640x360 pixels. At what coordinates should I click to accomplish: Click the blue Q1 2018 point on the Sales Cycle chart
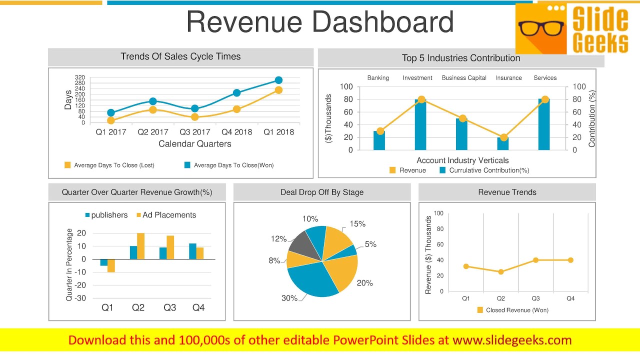(x=278, y=80)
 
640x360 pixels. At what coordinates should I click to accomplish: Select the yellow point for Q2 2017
(x=153, y=109)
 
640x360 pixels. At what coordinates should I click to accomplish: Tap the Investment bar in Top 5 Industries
(x=420, y=124)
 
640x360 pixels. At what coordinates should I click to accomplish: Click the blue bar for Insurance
(x=503, y=143)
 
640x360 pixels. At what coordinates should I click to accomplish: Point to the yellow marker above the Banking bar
(x=380, y=131)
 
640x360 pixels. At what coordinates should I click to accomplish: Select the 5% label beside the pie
(x=370, y=244)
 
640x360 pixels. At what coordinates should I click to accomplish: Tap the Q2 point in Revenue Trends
(x=501, y=272)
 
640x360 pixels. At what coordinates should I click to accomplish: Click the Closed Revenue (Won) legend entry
(x=513, y=310)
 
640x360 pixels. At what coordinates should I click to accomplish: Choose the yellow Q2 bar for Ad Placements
(x=140, y=246)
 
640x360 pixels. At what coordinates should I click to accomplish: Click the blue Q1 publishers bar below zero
(x=103, y=262)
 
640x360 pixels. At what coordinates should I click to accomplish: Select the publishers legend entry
(x=106, y=215)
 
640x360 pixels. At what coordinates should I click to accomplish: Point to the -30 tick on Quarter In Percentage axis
(x=80, y=298)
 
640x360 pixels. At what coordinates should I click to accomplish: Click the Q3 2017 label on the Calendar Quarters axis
(x=195, y=132)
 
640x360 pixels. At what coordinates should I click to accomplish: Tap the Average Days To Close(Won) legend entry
(x=229, y=165)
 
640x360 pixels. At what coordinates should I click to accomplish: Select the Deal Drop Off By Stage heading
(x=322, y=192)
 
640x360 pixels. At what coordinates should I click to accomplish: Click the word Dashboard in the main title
(x=383, y=22)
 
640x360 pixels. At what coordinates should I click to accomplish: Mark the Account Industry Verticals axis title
(x=462, y=160)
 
